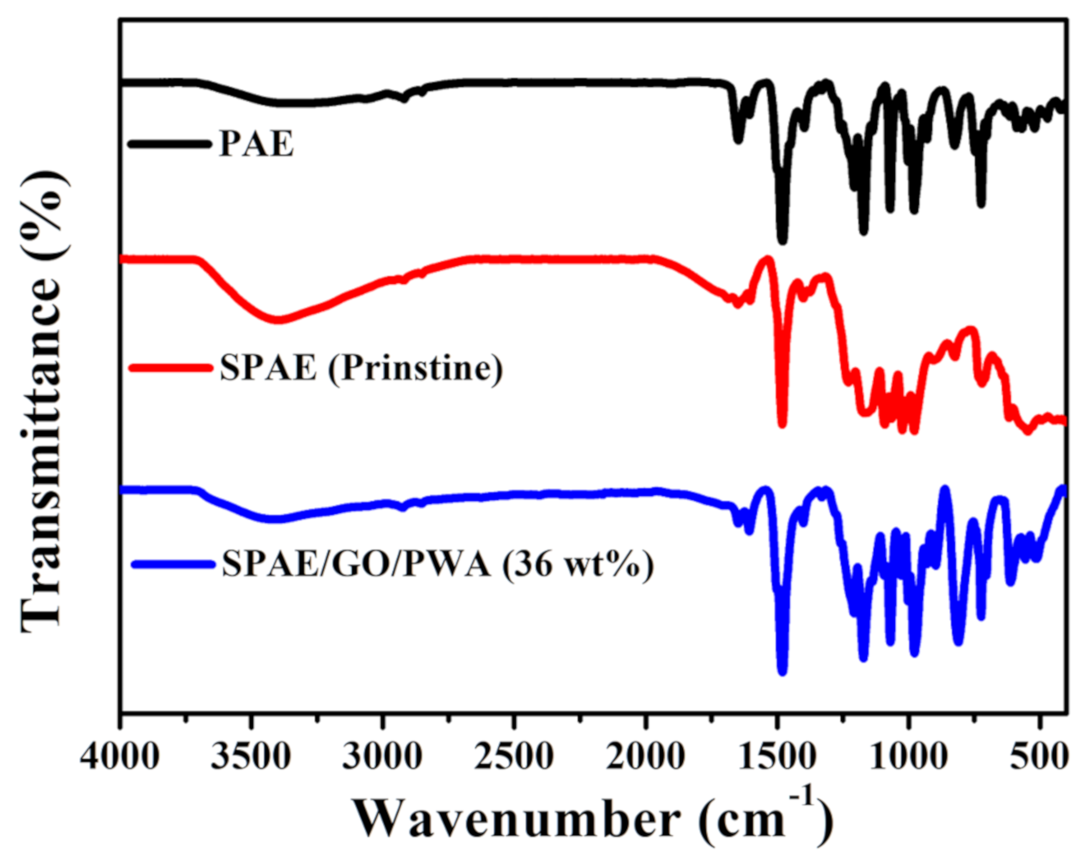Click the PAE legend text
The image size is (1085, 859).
click(x=257, y=145)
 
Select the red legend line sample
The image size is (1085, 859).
click(x=169, y=368)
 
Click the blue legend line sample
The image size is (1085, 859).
click(x=170, y=565)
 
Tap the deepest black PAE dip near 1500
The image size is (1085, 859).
click(x=782, y=240)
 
